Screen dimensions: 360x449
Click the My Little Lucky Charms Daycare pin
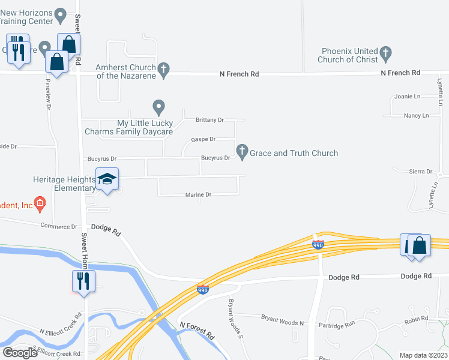click(x=158, y=107)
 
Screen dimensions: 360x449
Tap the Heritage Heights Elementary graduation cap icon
click(x=107, y=179)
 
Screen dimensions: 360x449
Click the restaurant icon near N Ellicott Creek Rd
click(x=82, y=281)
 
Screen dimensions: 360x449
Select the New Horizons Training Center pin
click(x=60, y=14)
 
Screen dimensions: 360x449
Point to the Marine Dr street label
click(x=199, y=195)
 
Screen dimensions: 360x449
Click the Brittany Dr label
click(x=209, y=120)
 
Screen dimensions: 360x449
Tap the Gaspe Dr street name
click(x=203, y=139)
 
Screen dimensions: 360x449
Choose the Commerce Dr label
click(x=59, y=227)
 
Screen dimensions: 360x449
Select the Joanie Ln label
click(x=408, y=97)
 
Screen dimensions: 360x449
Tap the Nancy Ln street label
click(x=417, y=115)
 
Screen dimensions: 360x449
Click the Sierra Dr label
click(x=421, y=172)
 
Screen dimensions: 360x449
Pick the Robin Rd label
click(x=416, y=319)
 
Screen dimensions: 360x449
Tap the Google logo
click(x=20, y=353)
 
